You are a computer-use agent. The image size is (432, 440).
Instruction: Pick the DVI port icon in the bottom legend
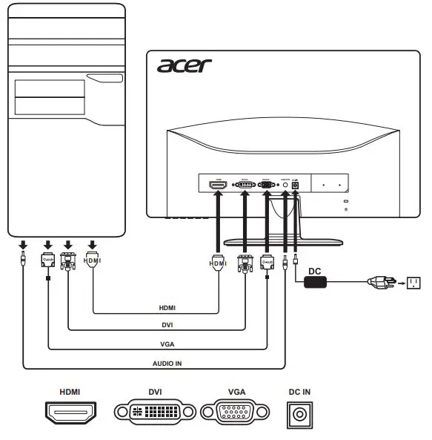pyautogui.click(x=155, y=413)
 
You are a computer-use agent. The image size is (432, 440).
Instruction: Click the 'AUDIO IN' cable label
pyautogui.click(x=167, y=364)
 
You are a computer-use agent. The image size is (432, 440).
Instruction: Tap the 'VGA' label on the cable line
pyautogui.click(x=167, y=344)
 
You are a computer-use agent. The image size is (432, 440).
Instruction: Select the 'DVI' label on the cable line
pyautogui.click(x=167, y=325)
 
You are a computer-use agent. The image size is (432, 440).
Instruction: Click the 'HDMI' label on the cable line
pyautogui.click(x=167, y=306)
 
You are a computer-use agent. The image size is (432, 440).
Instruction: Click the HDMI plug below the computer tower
pyautogui.click(x=93, y=261)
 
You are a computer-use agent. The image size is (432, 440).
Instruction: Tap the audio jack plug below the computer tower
pyautogui.click(x=24, y=260)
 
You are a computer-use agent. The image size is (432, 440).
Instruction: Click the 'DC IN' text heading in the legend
pyautogui.click(x=299, y=391)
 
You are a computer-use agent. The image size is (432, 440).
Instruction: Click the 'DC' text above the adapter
pyautogui.click(x=315, y=271)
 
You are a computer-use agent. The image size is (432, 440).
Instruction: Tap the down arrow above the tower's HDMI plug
pyautogui.click(x=93, y=244)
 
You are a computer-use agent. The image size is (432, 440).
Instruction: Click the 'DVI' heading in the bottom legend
pyautogui.click(x=155, y=391)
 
